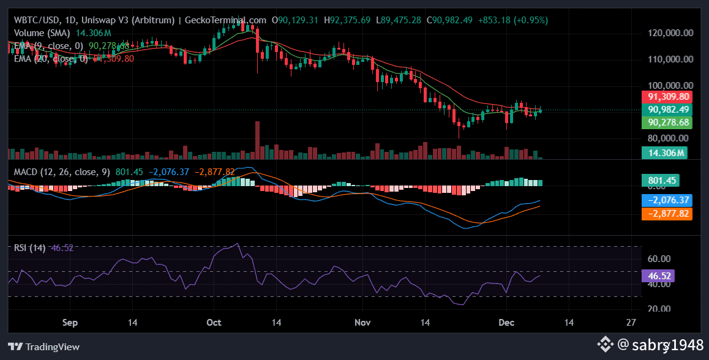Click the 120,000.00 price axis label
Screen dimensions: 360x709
tap(670, 33)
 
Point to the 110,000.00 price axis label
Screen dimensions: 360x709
tap(670, 59)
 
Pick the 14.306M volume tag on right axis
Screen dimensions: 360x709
tap(664, 152)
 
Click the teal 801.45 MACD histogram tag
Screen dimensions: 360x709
tap(660, 181)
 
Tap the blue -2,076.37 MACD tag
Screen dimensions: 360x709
tap(666, 200)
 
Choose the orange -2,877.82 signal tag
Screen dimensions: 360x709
tap(666, 214)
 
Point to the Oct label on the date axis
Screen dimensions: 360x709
tap(214, 322)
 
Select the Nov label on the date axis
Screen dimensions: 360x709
tap(363, 322)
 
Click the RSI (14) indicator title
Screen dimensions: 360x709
tap(30, 248)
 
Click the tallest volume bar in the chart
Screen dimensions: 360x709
tap(257, 140)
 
